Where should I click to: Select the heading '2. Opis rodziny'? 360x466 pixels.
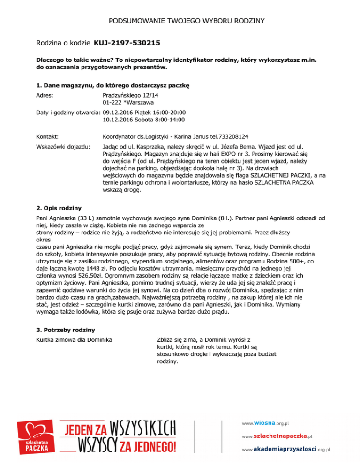coord(60,207)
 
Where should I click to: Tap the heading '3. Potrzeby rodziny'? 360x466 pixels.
coord(66,330)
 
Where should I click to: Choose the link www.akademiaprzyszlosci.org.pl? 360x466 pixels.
coord(286,449)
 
